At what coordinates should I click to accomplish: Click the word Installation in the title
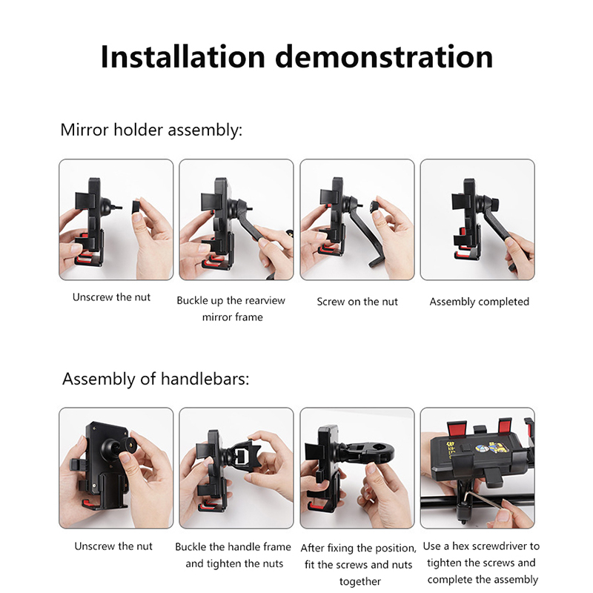(182, 57)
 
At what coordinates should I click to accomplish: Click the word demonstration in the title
(384, 57)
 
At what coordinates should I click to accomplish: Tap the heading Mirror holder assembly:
(151, 130)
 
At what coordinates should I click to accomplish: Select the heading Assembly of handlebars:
(156, 379)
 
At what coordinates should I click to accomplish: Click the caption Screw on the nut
(357, 302)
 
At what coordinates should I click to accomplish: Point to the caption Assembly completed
(479, 302)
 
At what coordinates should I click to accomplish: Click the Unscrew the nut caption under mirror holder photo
(111, 297)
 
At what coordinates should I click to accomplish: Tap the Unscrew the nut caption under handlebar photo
(113, 546)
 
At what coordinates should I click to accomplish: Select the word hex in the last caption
(460, 546)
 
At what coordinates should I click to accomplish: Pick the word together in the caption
(360, 582)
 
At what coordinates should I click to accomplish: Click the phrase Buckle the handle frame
(233, 547)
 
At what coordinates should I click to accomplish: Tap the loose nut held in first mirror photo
(136, 208)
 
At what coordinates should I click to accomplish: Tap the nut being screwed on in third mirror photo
(376, 206)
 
